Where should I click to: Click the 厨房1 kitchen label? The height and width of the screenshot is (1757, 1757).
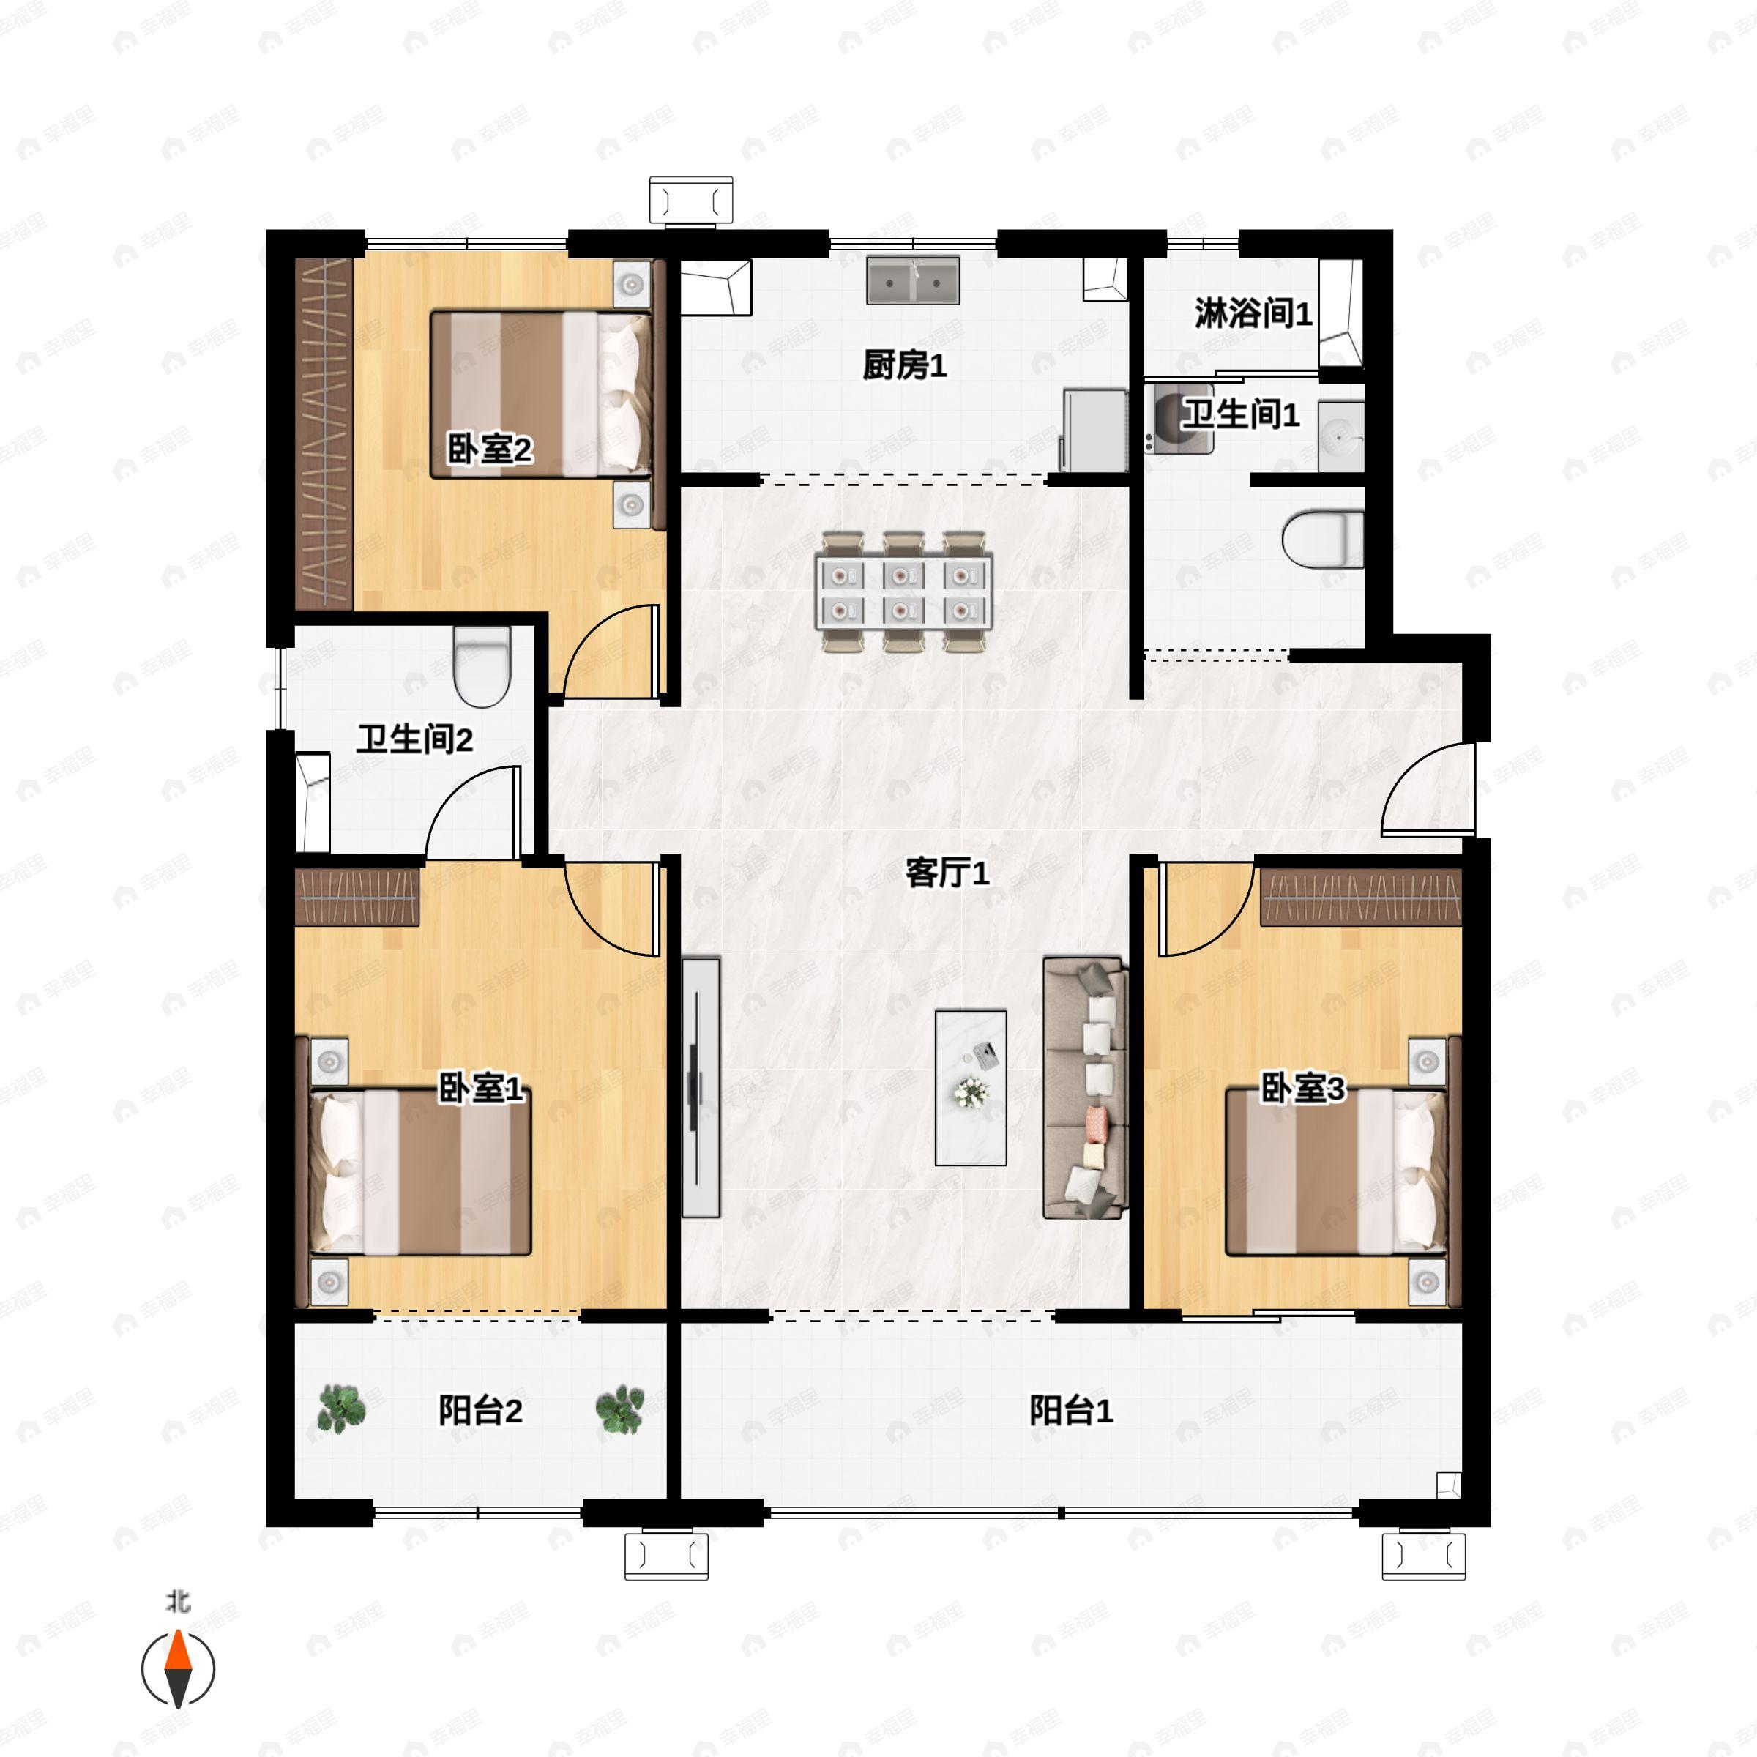[x=904, y=365]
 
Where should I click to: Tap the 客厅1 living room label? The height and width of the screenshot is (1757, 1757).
[x=947, y=873]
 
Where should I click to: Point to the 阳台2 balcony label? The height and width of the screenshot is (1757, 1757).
[x=480, y=1411]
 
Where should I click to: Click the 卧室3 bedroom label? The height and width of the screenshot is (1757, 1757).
[x=1302, y=1088]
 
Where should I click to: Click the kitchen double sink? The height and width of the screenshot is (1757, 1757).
[x=913, y=280]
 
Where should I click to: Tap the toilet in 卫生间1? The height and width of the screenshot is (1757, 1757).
[x=1323, y=540]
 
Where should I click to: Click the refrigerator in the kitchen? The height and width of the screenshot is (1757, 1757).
[x=1095, y=430]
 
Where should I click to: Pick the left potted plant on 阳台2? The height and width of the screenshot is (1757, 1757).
[x=342, y=1409]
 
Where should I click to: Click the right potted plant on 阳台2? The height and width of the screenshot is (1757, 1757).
[x=620, y=1409]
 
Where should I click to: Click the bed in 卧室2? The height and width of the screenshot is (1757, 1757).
[x=541, y=395]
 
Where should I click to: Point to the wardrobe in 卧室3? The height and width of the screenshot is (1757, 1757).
[x=1360, y=897]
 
